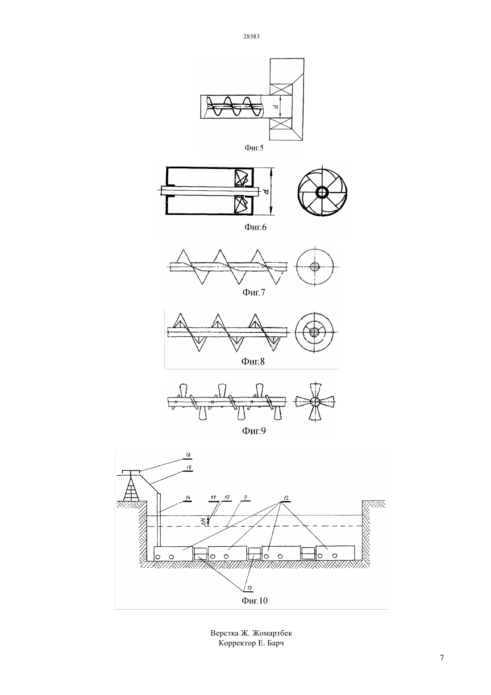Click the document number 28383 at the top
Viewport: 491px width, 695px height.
click(x=251, y=36)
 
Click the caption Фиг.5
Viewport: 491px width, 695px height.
click(x=254, y=148)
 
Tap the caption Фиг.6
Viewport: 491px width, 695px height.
click(x=255, y=227)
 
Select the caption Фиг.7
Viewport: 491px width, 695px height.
click(x=254, y=292)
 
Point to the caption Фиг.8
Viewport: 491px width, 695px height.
click(x=253, y=361)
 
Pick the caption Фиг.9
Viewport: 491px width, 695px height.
click(x=254, y=431)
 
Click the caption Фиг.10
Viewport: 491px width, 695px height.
click(x=254, y=600)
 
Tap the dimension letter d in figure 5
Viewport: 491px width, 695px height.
click(x=275, y=107)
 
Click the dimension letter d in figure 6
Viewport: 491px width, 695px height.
click(x=266, y=192)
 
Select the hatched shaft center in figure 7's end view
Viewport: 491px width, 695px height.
click(x=315, y=267)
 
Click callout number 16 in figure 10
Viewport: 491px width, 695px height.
click(x=188, y=455)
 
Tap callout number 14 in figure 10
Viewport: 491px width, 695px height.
click(x=187, y=498)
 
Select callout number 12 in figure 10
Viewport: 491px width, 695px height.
click(x=286, y=498)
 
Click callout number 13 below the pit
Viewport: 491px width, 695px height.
click(x=250, y=587)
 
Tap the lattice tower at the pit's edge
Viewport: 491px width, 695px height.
click(x=131, y=489)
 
